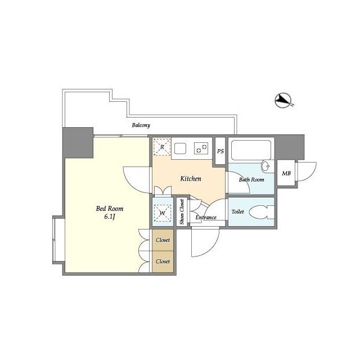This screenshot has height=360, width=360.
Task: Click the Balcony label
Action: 141,125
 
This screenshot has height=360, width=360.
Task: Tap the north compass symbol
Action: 283,101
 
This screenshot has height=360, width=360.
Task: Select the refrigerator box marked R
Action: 162,147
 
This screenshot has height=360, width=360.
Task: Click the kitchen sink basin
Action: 180,148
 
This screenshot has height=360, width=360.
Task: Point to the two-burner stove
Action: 201,148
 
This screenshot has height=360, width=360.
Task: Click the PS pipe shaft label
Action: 220,151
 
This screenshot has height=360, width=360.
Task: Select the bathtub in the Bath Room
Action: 251,150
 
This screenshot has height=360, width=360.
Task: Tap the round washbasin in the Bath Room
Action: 266,166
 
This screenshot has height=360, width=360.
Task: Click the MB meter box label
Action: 286,173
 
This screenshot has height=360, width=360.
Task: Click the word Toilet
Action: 237,211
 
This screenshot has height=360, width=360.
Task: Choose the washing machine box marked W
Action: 163,213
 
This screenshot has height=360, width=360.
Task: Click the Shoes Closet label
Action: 182,212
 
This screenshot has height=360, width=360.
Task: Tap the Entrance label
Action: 206,218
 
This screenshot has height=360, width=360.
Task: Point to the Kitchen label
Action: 191,179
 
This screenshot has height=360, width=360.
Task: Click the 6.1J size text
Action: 109,217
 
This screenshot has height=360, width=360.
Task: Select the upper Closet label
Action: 163,240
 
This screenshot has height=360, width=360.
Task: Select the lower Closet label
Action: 163,262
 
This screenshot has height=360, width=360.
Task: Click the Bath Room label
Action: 251,179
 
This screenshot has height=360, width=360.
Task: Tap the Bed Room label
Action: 110,209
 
